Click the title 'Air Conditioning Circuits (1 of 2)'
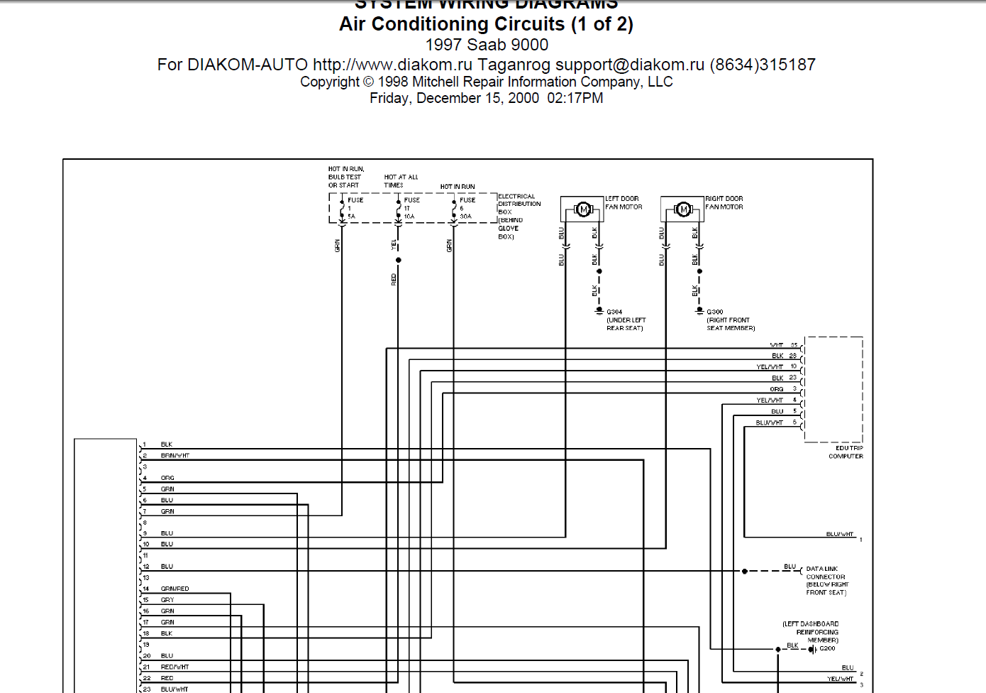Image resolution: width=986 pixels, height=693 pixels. [486, 24]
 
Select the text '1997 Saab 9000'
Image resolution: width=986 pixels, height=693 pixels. [487, 45]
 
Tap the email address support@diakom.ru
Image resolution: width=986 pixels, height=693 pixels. [630, 65]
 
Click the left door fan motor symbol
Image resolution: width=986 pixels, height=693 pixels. [583, 209]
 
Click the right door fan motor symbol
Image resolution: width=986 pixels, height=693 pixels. [683, 209]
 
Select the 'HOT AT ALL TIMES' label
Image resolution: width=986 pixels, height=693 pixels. [401, 181]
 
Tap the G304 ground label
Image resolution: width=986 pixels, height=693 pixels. [614, 312]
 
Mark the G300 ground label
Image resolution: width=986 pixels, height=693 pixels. [714, 312]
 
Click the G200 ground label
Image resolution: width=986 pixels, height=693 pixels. [827, 648]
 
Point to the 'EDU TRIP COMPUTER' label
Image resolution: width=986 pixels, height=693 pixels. [846, 452]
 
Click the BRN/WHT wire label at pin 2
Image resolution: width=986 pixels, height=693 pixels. [175, 456]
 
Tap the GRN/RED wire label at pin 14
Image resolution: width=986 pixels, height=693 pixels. [175, 589]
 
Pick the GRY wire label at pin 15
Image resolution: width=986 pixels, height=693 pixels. [167, 600]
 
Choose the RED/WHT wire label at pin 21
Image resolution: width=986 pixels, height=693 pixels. [175, 667]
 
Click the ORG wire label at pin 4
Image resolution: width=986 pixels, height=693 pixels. [167, 478]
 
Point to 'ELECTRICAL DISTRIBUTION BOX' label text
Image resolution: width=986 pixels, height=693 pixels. [519, 204]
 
